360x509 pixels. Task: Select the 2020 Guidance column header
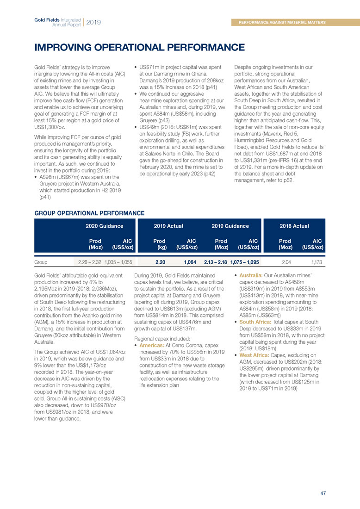pyautogui.click(x=104, y=226)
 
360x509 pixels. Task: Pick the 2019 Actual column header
pyautogui.click(x=168, y=226)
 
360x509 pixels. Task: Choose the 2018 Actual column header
pyautogui.click(x=294, y=226)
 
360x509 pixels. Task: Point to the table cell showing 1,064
pyautogui.click(x=190, y=262)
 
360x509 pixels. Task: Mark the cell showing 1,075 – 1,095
pyautogui.click(x=244, y=262)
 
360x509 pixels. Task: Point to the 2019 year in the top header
pyautogui.click(x=93, y=22)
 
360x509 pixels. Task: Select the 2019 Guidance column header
pyautogui.click(x=230, y=226)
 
